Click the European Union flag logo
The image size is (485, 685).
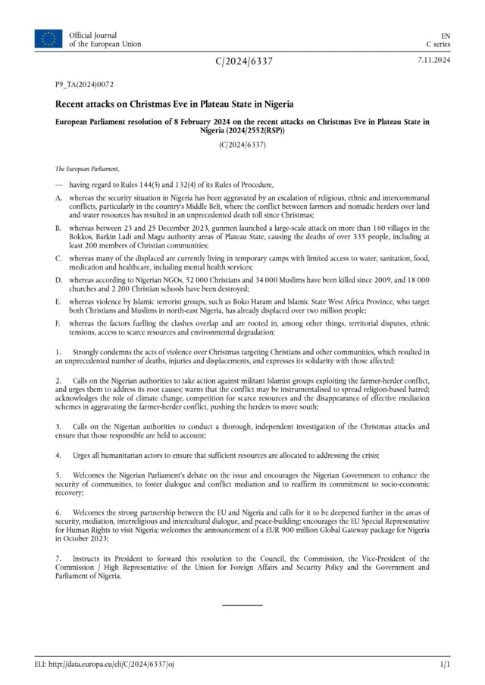[x=48, y=39]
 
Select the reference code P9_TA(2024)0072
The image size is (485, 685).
[x=84, y=86]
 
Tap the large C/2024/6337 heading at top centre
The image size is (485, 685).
[x=243, y=61]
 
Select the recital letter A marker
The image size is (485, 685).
[x=58, y=197]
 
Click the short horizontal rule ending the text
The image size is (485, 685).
[x=242, y=605]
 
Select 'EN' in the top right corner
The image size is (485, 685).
[x=446, y=35]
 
